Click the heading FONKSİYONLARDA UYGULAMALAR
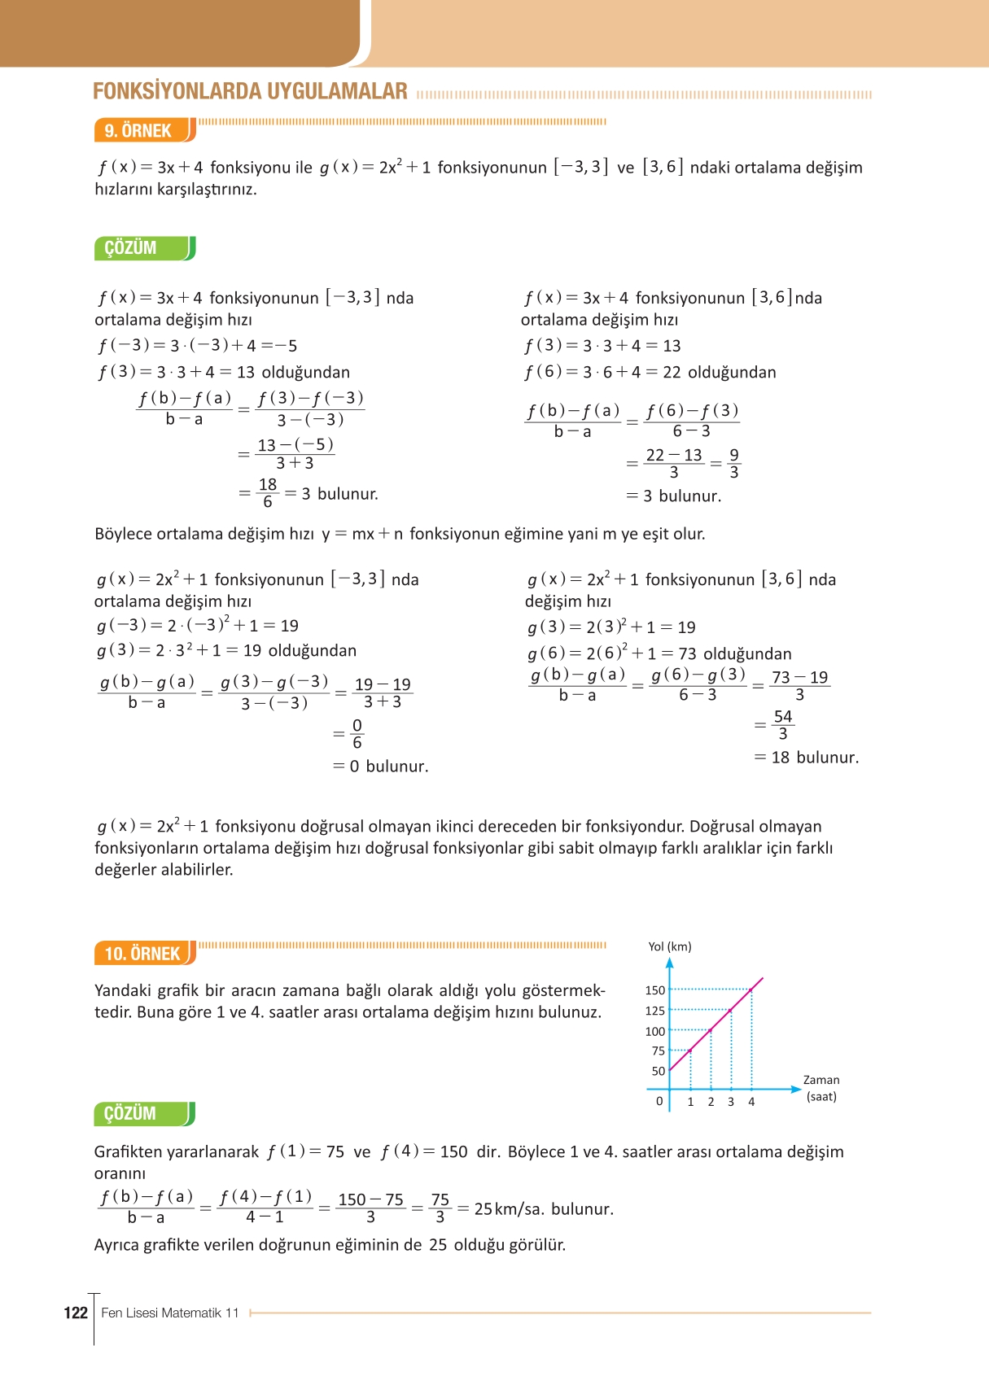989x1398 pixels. (250, 91)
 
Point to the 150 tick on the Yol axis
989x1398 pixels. (654, 990)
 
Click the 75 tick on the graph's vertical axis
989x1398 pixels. (658, 1051)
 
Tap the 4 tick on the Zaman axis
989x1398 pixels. (751, 1102)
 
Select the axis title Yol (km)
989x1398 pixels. (669, 946)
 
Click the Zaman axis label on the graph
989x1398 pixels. (821, 1080)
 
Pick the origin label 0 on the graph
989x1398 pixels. (659, 1101)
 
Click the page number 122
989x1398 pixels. (75, 1313)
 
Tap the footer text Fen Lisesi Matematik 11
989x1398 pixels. (170, 1313)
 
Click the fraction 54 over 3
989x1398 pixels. (782, 725)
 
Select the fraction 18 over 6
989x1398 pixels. (267, 493)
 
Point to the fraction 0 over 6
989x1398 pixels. (357, 734)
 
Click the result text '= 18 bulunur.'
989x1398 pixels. (806, 758)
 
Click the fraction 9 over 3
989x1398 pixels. (733, 464)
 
